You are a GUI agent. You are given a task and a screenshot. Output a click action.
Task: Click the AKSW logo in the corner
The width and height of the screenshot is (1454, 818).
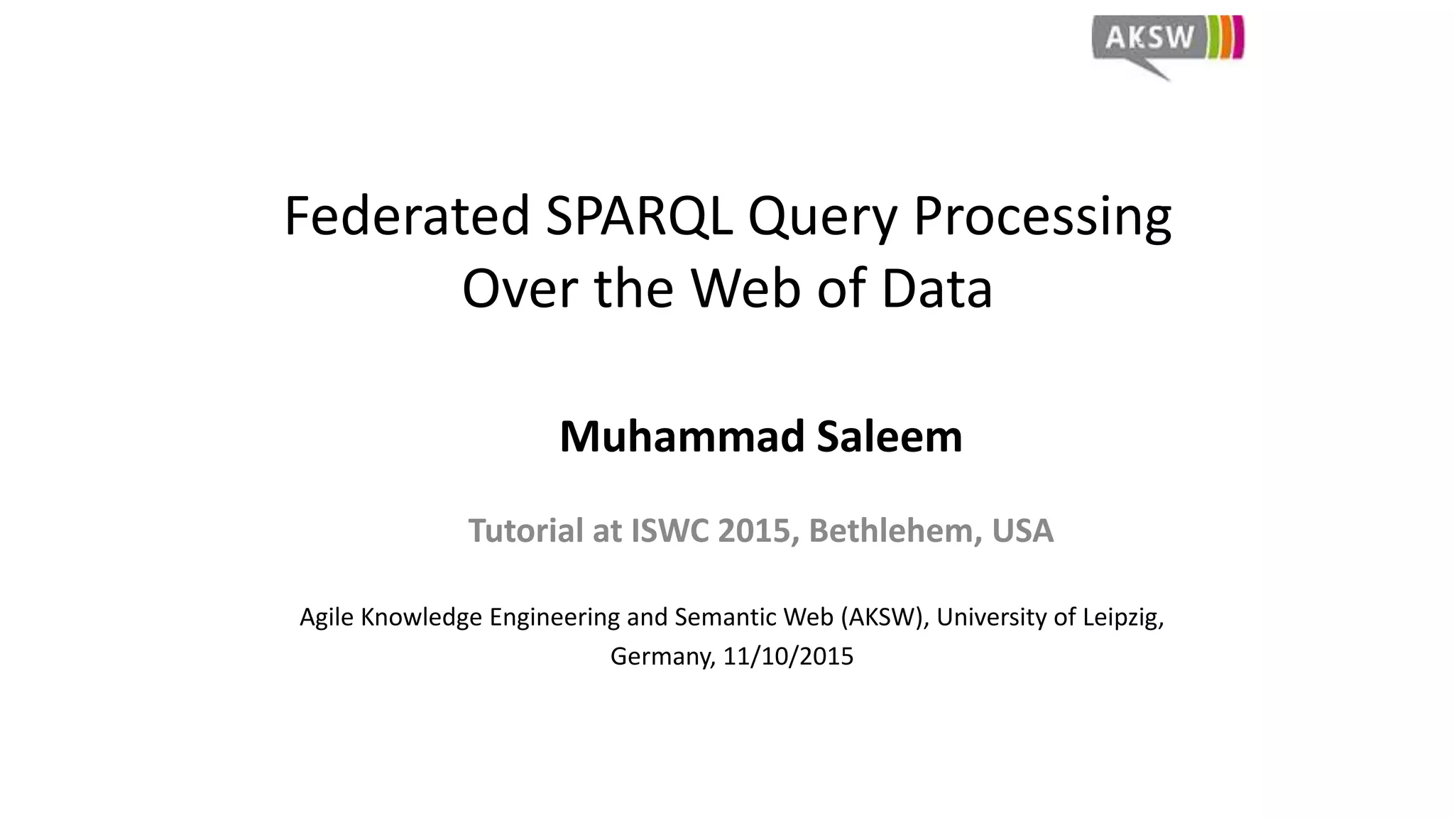pyautogui.click(x=1167, y=43)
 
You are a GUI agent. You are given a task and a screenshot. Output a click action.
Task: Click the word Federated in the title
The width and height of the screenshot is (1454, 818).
pyautogui.click(x=407, y=216)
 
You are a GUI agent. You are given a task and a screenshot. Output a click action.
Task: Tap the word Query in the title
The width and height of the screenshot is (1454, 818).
pyautogui.click(x=822, y=216)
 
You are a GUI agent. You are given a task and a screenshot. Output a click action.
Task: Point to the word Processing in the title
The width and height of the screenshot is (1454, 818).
pyautogui.click(x=1042, y=216)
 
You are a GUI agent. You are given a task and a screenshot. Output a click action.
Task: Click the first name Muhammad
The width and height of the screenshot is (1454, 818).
pyautogui.click(x=682, y=436)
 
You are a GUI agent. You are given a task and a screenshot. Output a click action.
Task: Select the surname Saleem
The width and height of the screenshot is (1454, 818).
pyautogui.click(x=890, y=436)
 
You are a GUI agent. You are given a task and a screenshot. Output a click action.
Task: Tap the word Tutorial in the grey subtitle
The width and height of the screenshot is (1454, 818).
pyautogui.click(x=525, y=530)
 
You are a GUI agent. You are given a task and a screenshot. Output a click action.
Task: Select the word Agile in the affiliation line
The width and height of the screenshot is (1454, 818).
pyautogui.click(x=327, y=617)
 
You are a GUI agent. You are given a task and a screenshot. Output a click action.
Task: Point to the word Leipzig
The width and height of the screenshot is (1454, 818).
pyautogui.click(x=1123, y=617)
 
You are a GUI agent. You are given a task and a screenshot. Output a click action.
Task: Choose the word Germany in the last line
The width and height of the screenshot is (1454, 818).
pyautogui.click(x=662, y=656)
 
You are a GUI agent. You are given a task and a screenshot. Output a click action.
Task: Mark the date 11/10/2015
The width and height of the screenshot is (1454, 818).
pyautogui.click(x=788, y=656)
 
